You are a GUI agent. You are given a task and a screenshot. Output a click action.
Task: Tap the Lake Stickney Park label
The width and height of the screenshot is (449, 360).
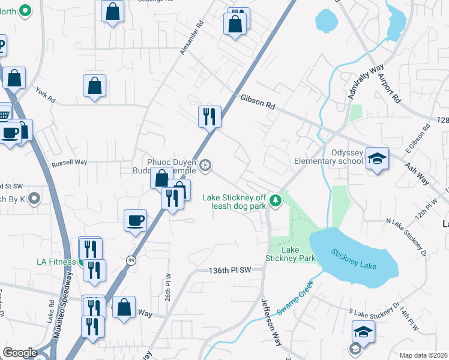tap(291, 254)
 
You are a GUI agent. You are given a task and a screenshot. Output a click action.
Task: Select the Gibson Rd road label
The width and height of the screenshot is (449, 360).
tap(258, 101)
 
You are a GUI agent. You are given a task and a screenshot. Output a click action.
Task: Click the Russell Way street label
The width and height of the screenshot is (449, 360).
tap(69, 162)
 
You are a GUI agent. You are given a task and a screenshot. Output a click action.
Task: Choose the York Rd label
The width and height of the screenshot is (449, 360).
tap(45, 93)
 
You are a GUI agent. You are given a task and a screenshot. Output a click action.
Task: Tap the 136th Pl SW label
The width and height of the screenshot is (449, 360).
tap(232, 271)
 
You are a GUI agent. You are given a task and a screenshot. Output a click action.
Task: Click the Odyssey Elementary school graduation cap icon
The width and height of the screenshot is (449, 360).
tap(377, 158)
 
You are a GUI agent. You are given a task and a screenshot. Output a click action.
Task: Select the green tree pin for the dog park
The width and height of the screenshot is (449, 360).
tap(275, 199)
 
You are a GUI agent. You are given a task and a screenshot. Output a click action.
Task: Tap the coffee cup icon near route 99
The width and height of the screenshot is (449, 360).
tap(135, 220)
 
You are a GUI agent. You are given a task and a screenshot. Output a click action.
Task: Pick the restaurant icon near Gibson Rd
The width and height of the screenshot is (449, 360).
tap(209, 116)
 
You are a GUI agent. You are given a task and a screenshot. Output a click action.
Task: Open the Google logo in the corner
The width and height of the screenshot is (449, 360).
tap(20, 353)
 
